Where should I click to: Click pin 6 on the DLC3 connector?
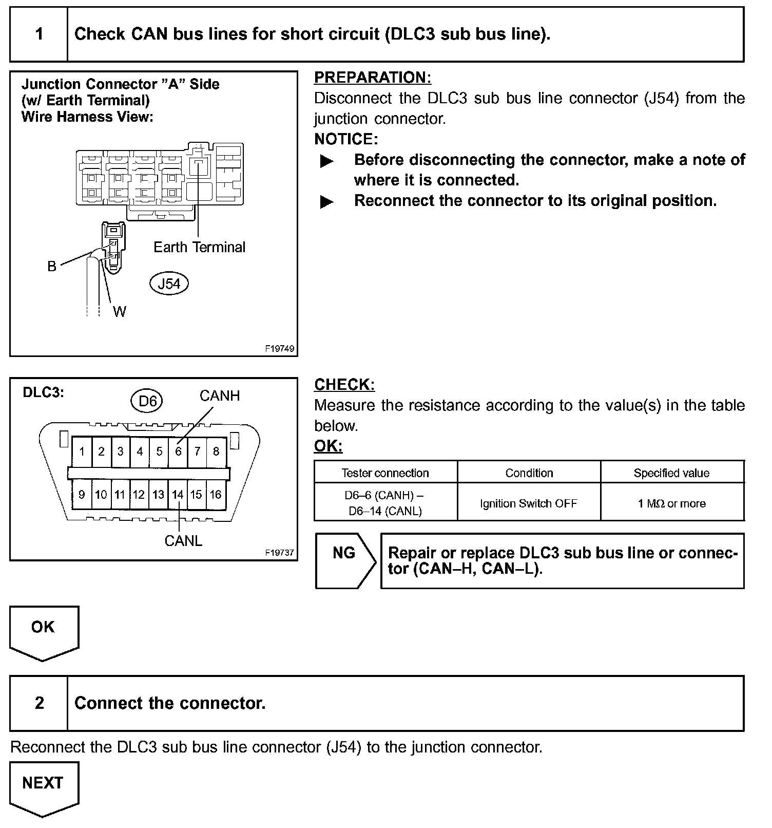point(178,451)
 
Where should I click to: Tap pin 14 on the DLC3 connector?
point(178,495)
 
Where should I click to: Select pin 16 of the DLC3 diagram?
point(216,495)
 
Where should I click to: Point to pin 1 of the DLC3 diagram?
point(82,451)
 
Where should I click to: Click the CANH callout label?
point(220,396)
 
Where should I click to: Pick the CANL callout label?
point(183,541)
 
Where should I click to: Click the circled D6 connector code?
point(148,401)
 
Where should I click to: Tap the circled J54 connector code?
point(169,284)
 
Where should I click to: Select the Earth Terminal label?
point(199,247)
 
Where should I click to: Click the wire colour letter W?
point(119,312)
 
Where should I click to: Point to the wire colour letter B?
point(52,266)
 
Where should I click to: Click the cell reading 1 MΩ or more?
point(671,503)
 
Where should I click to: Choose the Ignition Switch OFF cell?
point(529,503)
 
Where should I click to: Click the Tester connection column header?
point(385,473)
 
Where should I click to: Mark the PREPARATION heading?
point(373,78)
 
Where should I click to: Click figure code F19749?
point(280,349)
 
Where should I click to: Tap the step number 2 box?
point(39,703)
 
